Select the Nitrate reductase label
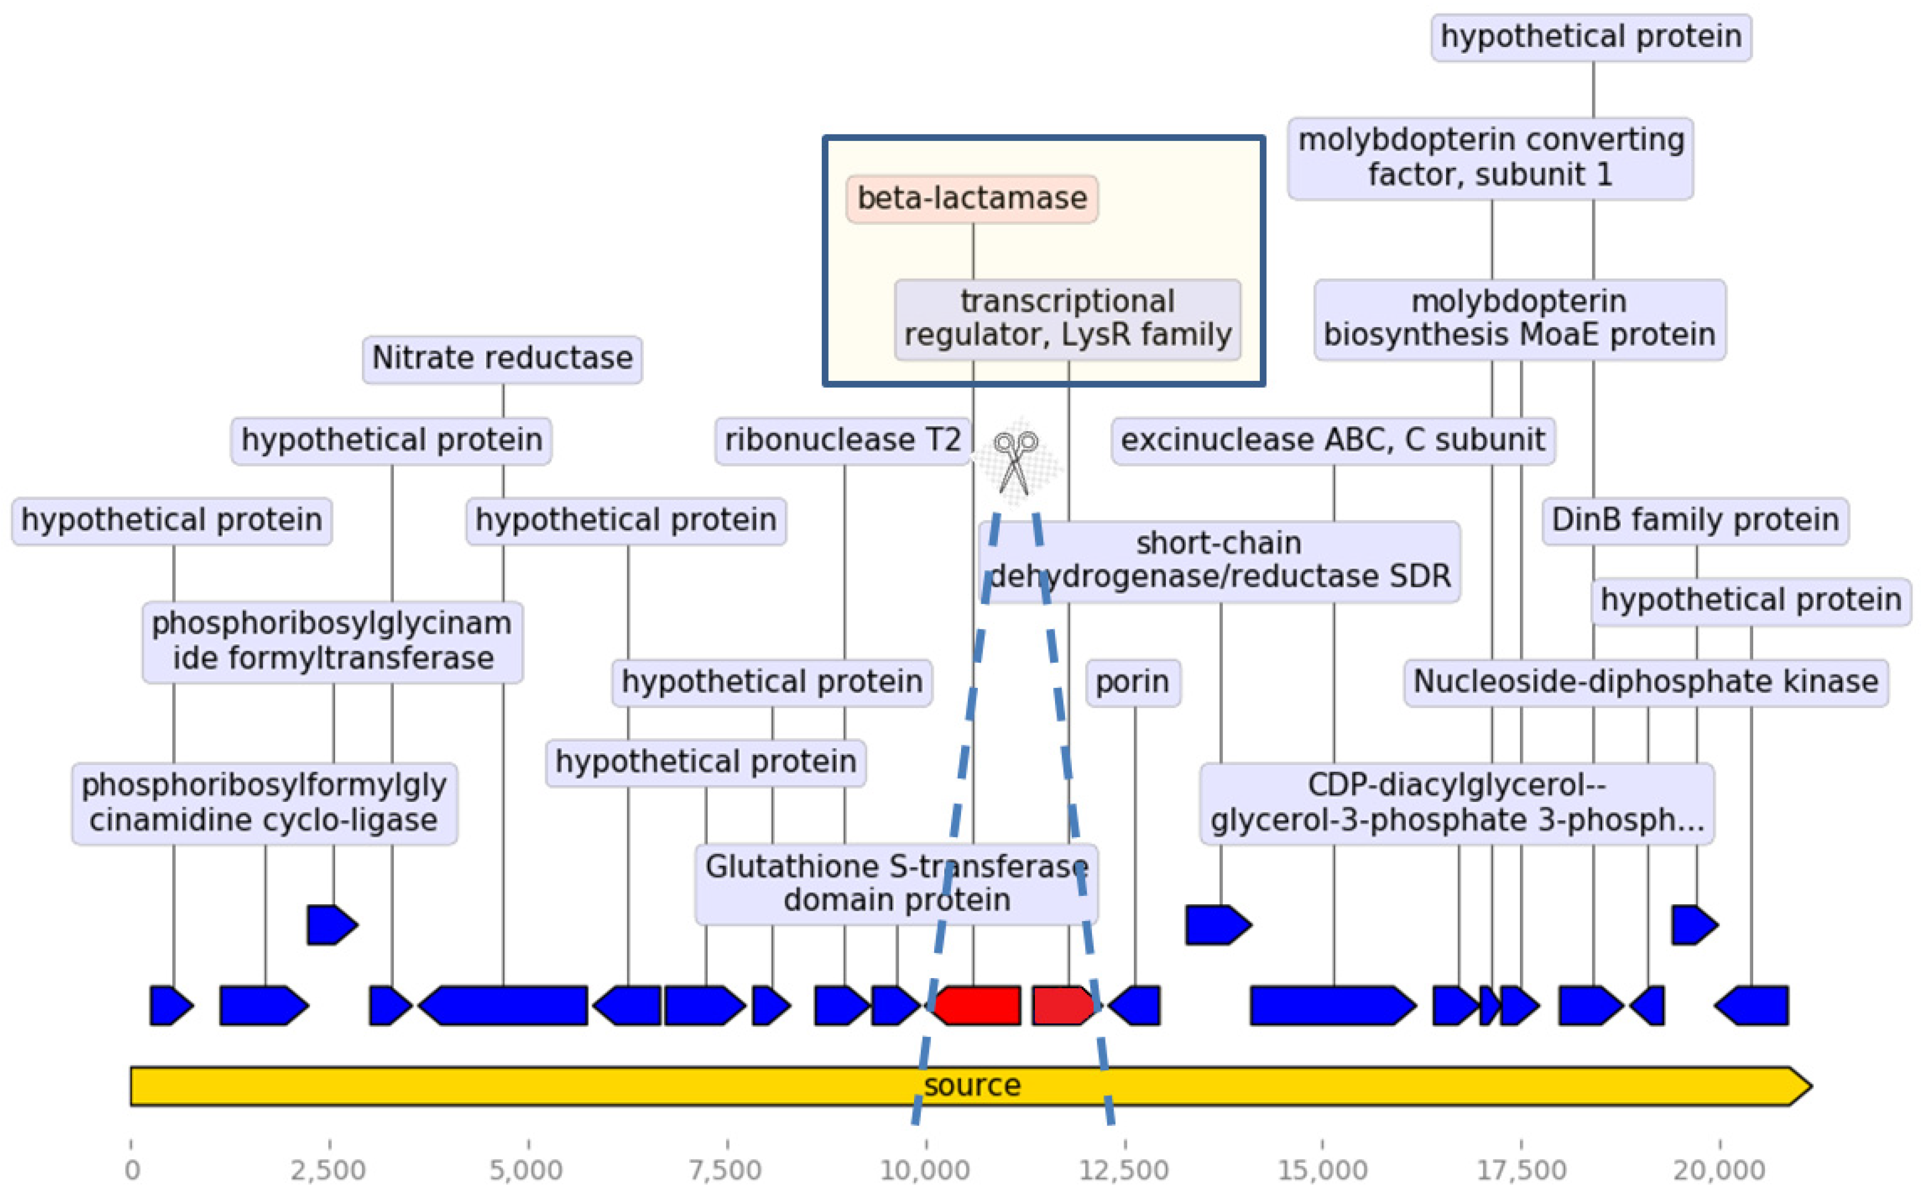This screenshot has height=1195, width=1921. [502, 359]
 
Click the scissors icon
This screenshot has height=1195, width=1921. [1016, 462]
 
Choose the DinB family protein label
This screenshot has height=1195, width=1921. [1695, 521]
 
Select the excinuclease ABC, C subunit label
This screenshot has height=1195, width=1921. [1333, 440]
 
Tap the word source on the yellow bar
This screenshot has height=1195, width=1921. [972, 1086]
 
